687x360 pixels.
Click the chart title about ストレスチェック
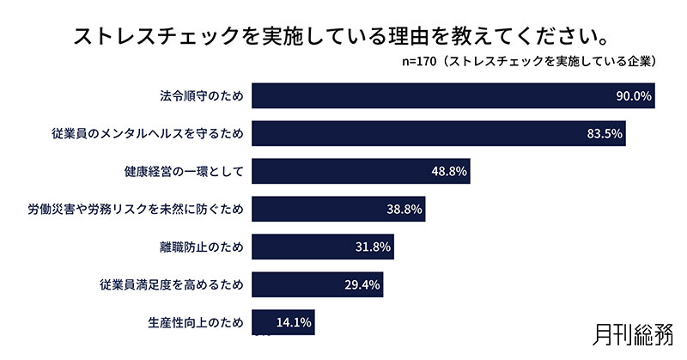pos(343,37)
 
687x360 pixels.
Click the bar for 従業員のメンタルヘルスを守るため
pos(439,133)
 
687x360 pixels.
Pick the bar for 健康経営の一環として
pos(361,171)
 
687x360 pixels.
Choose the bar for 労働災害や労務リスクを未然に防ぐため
pos(339,209)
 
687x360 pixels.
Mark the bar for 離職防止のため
pos(323,247)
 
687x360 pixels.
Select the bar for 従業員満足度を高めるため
pos(318,285)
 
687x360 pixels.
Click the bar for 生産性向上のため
pos(283,323)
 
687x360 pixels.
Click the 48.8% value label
pos(448,171)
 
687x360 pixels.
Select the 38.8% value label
pos(404,209)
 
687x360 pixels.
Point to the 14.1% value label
pos(294,323)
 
